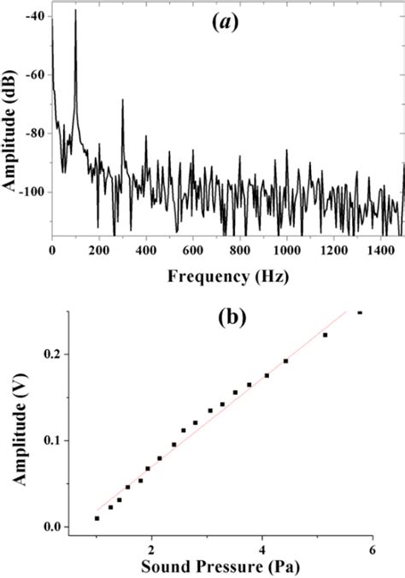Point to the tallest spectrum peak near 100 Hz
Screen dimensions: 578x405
tap(75, 12)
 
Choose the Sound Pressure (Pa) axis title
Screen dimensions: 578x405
tap(232, 566)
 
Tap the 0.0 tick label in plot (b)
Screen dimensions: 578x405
tap(64, 528)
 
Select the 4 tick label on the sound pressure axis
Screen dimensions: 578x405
tap(262, 546)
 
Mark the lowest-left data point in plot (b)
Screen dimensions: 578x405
tap(97, 518)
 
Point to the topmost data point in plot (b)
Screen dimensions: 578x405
tap(360, 313)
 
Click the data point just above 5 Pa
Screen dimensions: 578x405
tap(326, 335)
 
